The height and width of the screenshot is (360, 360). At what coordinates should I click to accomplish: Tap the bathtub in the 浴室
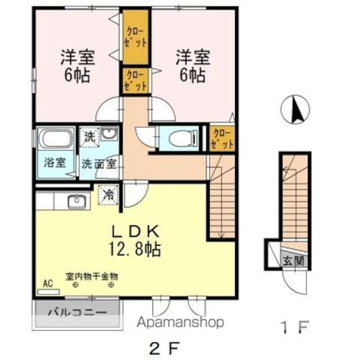tap(55, 138)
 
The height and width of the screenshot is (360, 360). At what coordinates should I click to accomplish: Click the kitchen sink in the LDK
tap(74, 201)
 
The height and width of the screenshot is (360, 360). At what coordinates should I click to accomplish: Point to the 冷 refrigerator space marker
tap(107, 195)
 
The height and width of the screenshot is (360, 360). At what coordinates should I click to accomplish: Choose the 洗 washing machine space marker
tap(89, 136)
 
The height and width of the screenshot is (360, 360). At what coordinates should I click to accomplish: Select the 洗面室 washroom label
tap(98, 164)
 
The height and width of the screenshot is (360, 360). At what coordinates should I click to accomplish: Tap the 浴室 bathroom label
tap(55, 163)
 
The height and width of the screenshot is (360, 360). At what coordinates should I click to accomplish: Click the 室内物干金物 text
tap(91, 276)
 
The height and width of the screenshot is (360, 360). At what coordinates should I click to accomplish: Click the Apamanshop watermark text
tap(178, 322)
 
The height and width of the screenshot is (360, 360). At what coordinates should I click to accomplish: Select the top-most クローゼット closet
tap(136, 37)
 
